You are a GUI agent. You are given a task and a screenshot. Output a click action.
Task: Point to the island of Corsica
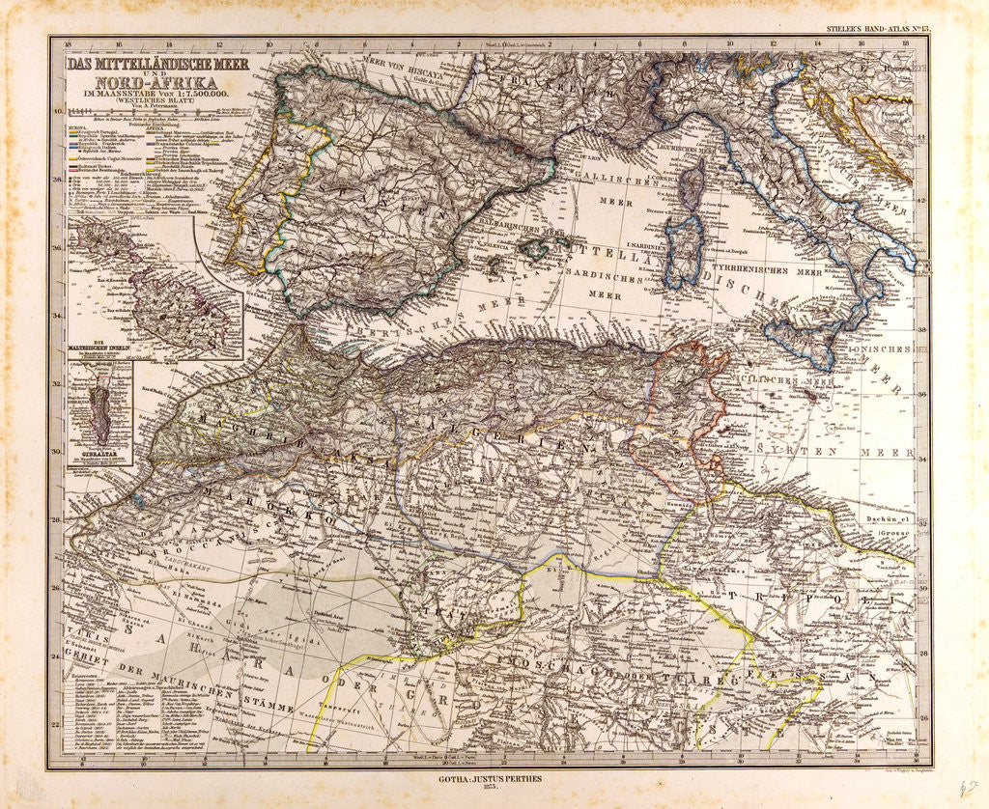tap(692, 181)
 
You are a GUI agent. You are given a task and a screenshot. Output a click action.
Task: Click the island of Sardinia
tap(683, 250)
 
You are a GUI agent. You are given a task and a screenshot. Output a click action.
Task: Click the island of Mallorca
tap(534, 249)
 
